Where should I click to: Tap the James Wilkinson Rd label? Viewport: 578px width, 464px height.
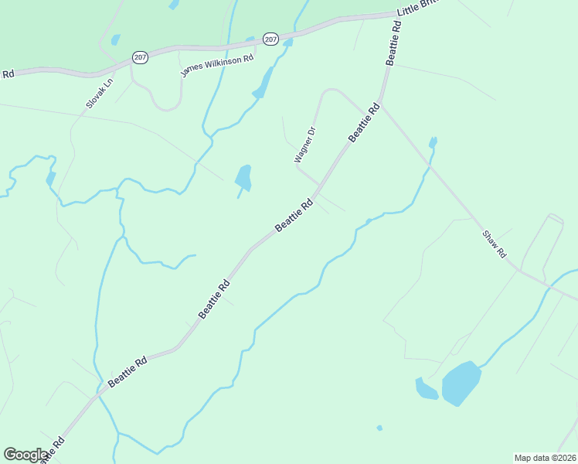pos(217,65)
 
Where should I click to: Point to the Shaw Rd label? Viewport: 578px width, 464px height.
pos(494,244)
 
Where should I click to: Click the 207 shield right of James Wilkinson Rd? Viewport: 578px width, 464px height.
pos(270,39)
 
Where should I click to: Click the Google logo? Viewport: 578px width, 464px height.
pos(26,454)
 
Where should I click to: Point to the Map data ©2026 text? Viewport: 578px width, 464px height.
pos(544,457)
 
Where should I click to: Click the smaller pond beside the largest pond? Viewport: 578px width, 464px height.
pos(426,389)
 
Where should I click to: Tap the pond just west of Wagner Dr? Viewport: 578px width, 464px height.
pos(243,178)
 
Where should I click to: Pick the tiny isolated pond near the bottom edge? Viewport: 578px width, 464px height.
pos(379,428)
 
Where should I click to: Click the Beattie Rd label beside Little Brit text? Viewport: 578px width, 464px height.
pos(394,43)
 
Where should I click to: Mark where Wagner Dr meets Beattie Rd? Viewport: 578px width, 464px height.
pos(319,186)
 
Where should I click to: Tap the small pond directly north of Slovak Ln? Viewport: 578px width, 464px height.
pos(116,39)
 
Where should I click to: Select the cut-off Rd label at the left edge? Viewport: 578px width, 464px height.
pos(8,74)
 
